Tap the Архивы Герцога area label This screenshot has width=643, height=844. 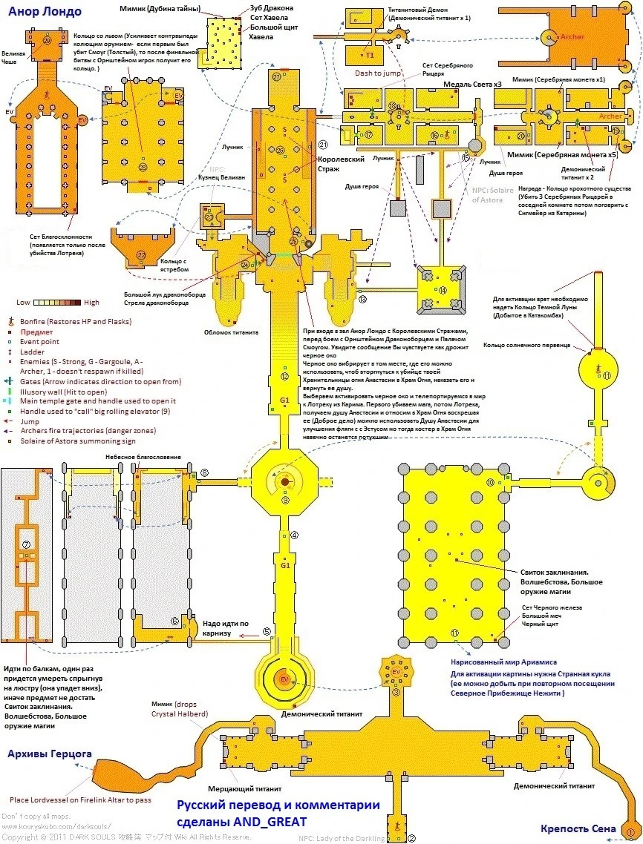click(49, 754)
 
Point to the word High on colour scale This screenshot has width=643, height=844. click(92, 303)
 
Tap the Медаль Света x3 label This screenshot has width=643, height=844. click(472, 85)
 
